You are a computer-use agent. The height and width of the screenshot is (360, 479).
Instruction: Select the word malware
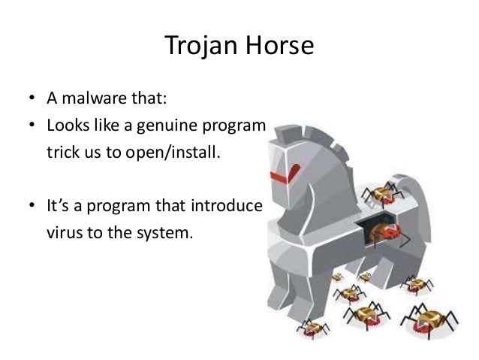[x=89, y=100]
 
